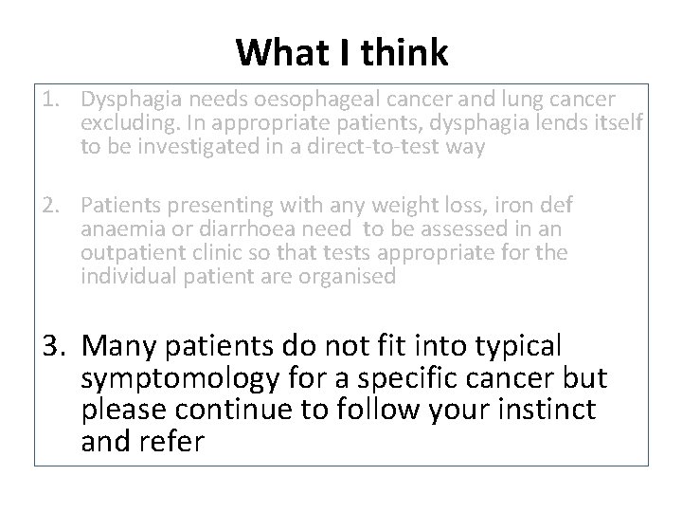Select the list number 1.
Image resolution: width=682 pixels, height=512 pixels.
pyautogui.click(x=53, y=100)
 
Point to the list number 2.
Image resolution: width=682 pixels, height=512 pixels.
pyautogui.click(x=53, y=205)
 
